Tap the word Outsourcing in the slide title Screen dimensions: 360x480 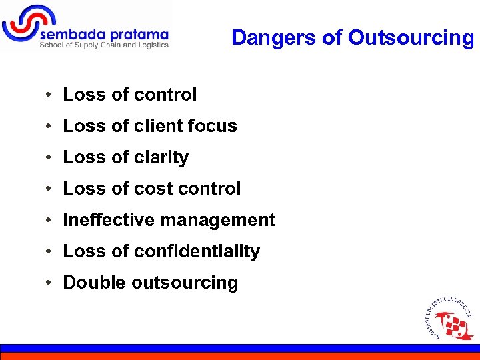411,38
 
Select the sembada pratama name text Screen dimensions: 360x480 104,34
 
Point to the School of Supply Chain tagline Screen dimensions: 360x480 104,45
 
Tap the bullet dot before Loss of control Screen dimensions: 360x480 50,95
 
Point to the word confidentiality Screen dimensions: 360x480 197,251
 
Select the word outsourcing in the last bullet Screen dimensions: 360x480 185,283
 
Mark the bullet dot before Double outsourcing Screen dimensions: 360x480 50,283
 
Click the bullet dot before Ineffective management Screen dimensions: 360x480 50,221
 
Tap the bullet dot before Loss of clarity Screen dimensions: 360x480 50,158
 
